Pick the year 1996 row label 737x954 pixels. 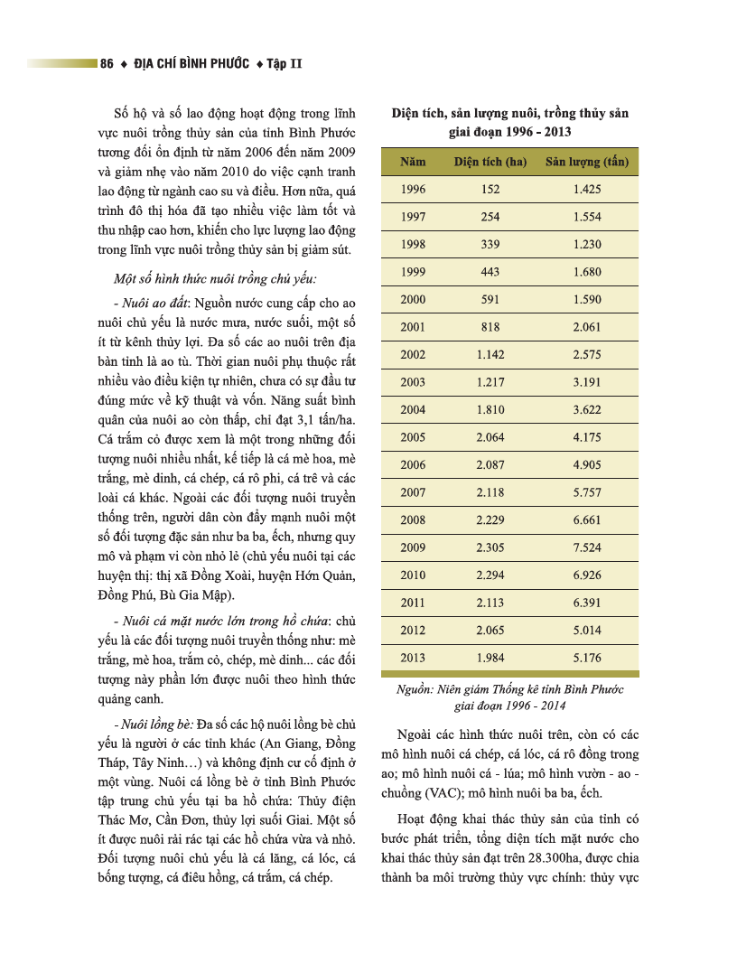(413, 190)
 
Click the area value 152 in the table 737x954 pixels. (490, 190)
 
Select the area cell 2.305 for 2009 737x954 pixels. (490, 547)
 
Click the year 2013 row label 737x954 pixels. (413, 658)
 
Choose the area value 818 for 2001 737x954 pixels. (490, 327)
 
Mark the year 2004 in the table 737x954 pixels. (413, 410)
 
